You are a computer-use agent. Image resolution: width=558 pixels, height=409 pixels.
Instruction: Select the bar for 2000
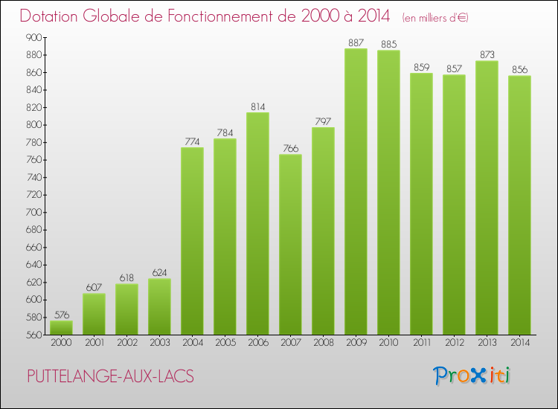(x=61, y=327)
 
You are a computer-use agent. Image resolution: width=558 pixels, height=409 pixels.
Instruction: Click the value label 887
(x=356, y=42)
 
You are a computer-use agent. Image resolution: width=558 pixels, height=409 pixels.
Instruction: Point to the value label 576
(x=61, y=315)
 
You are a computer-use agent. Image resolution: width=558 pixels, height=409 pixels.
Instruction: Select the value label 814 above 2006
(x=257, y=106)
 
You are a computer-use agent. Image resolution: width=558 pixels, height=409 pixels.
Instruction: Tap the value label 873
(x=487, y=54)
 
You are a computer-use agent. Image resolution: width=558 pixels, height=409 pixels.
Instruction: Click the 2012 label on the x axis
(x=454, y=343)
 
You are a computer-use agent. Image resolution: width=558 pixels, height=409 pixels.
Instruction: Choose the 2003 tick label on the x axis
(x=159, y=343)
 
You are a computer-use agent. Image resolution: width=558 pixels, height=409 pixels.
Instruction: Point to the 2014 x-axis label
(x=519, y=343)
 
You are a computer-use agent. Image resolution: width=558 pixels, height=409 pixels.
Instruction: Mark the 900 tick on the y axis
(x=33, y=37)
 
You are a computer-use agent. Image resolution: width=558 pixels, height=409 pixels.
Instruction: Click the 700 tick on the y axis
(x=33, y=213)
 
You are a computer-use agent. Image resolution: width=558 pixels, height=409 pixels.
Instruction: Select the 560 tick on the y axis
(x=33, y=335)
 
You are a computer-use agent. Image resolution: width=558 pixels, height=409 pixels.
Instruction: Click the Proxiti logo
(x=473, y=376)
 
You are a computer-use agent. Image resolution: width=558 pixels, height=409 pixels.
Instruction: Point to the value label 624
(x=159, y=273)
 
